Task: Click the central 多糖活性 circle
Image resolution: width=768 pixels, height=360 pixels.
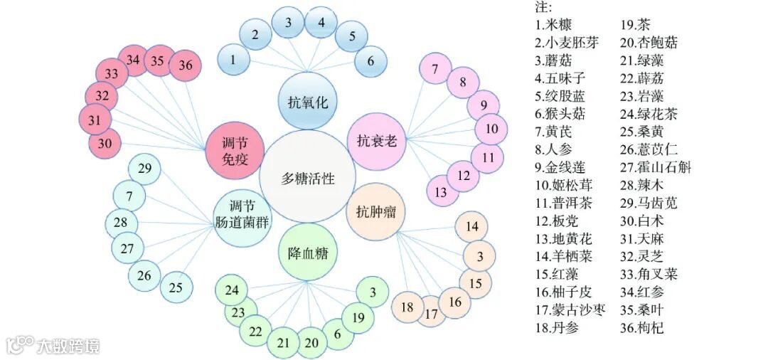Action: [307, 178]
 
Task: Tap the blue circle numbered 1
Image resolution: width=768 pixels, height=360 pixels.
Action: [233, 60]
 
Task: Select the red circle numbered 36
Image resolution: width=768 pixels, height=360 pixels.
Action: [185, 65]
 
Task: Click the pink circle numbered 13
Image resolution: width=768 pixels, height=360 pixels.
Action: [441, 191]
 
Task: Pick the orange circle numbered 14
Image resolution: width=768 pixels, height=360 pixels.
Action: [472, 228]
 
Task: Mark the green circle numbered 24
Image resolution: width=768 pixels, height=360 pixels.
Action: [232, 290]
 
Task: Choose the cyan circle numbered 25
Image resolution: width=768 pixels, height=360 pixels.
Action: [176, 287]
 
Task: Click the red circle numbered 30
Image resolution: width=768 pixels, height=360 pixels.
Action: [105, 143]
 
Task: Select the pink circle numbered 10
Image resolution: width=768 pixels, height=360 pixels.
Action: [491, 129]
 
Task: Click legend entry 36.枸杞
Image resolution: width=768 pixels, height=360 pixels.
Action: [642, 329]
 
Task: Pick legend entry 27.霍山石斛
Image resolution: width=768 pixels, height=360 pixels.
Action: [655, 168]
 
